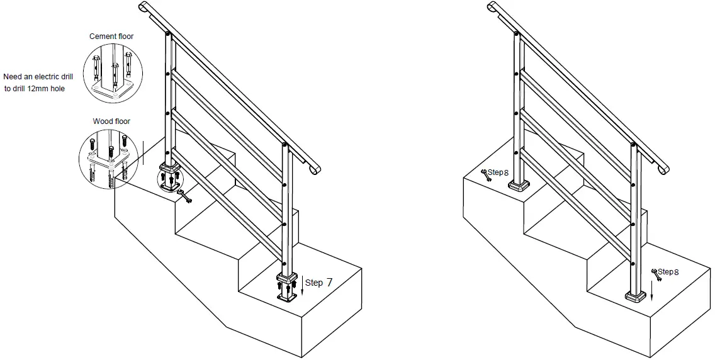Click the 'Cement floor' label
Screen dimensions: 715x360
pos(111,37)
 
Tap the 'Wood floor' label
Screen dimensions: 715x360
pos(111,121)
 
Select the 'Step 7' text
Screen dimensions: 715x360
pos(318,283)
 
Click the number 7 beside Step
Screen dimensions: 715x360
pos(330,283)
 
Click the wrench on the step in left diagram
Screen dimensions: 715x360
pos(185,196)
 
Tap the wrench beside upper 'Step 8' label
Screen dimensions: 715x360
pos(486,175)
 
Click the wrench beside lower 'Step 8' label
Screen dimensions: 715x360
pos(657,275)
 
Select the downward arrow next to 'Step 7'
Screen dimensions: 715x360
pos(301,284)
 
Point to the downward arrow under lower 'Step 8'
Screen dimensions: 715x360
pos(652,290)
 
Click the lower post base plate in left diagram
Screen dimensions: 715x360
pos(287,297)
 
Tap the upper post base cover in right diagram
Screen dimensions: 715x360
pos(519,185)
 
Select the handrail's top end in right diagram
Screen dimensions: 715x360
pos(493,6)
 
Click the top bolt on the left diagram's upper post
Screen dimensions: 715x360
pos(168,34)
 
